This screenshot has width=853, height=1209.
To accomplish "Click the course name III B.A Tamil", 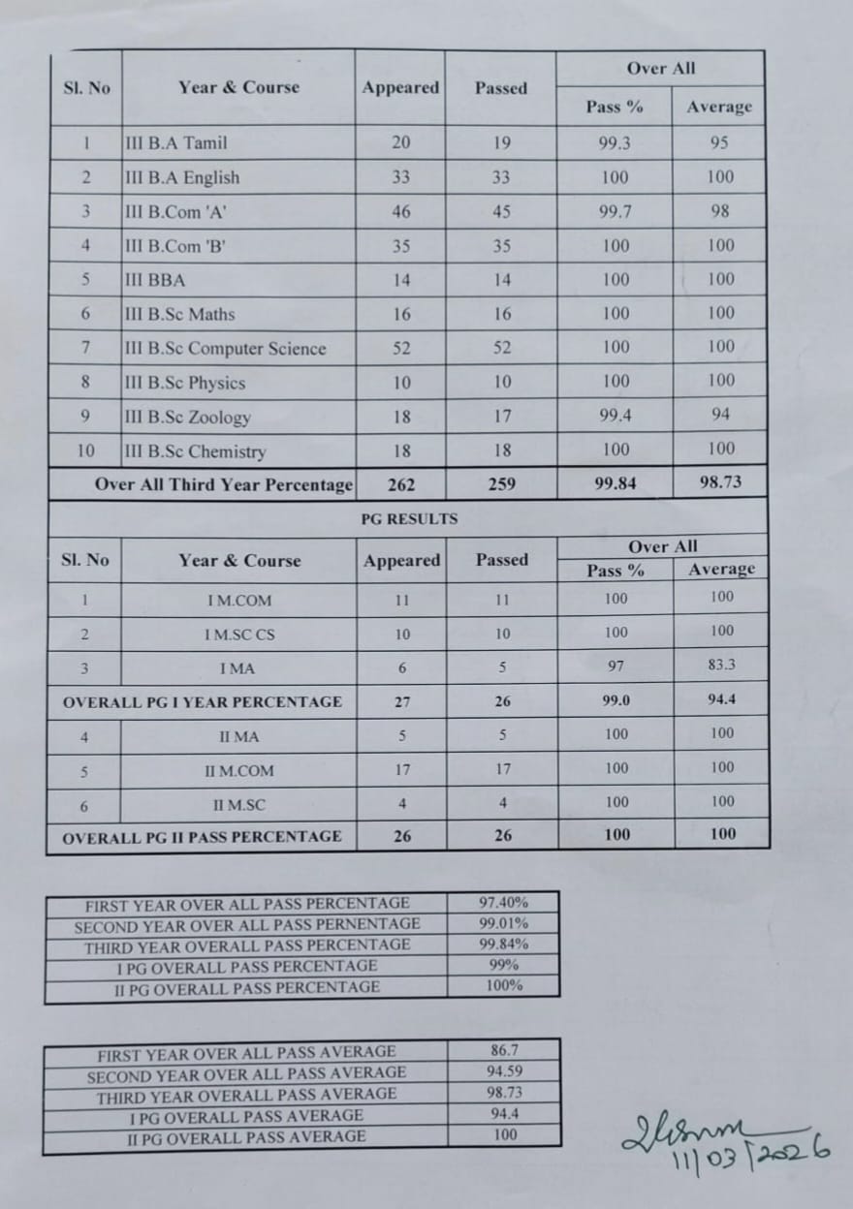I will (176, 143).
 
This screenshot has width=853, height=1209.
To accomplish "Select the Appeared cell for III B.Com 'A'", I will (401, 212).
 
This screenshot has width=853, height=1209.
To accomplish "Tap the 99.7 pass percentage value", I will (615, 211).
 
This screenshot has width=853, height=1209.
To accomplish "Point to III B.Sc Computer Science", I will (226, 349).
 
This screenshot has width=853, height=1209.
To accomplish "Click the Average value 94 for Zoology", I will (720, 415).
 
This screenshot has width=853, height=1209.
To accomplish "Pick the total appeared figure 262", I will (401, 484).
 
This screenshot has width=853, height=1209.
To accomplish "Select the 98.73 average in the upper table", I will (720, 481).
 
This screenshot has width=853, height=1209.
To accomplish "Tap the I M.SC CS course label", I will (239, 635).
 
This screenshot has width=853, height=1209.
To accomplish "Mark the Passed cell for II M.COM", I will (503, 771).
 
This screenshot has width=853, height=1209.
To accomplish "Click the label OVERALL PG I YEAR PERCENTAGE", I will (202, 701).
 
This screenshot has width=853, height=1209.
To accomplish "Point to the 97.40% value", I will (503, 903).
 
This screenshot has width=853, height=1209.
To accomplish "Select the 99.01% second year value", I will (503, 924).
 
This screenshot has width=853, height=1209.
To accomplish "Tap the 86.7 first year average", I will (505, 1049).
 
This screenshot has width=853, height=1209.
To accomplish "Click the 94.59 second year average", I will (505, 1071).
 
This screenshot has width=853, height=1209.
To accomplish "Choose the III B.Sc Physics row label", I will (185, 383).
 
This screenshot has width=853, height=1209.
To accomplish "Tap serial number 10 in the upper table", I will (86, 451).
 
